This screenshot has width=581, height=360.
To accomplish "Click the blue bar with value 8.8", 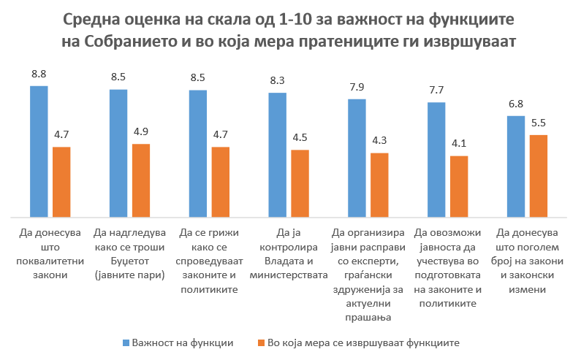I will [x=39, y=152].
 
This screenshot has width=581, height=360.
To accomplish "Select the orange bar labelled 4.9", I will [x=140, y=180].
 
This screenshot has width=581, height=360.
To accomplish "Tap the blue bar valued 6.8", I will [x=516, y=166].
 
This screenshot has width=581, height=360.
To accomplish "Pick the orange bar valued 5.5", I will [x=539, y=176].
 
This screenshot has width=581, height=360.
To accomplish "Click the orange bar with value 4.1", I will [x=459, y=186].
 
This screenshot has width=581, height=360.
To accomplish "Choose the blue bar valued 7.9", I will [x=357, y=158].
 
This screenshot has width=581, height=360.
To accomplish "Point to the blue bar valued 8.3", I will [x=278, y=155].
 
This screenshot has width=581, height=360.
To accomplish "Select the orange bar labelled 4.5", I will [x=300, y=183].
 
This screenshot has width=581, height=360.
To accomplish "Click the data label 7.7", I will [x=436, y=90].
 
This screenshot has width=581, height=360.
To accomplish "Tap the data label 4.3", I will [x=379, y=140].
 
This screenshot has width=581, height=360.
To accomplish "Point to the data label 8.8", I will [x=39, y=73].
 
